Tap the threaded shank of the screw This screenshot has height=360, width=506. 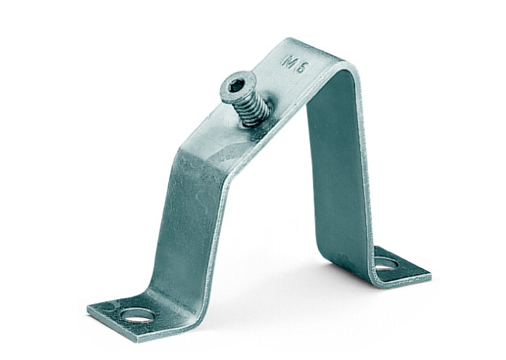click(x=253, y=111)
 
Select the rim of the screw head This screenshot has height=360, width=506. click(x=238, y=87)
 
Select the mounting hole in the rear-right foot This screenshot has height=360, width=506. click(x=387, y=264)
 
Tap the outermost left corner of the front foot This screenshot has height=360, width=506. click(x=88, y=306)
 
